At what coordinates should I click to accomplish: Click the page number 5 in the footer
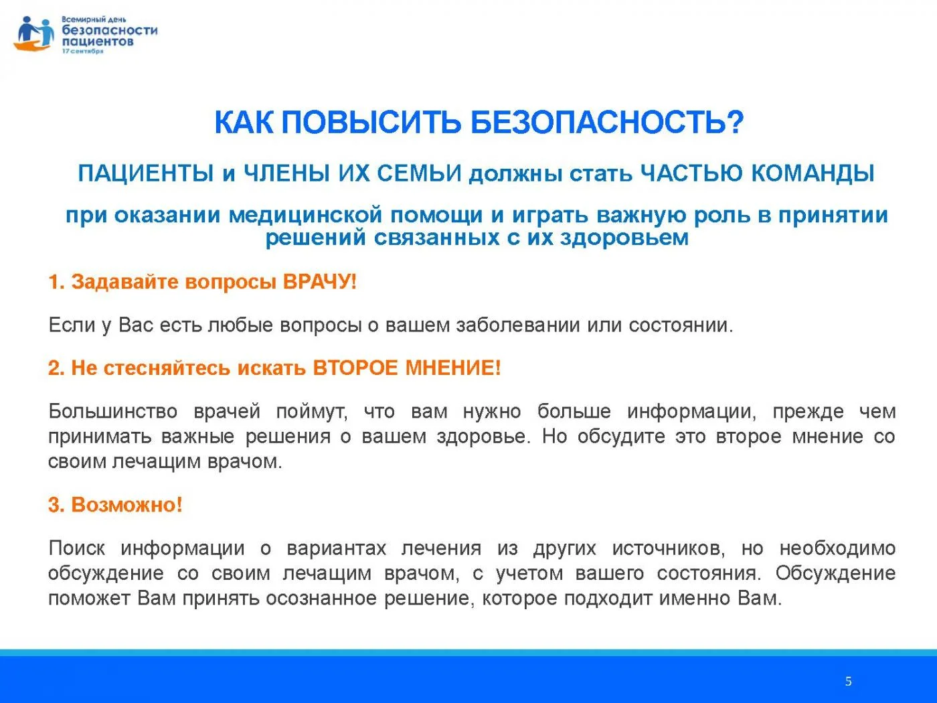pos(848,681)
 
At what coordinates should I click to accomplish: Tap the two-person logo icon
pos(34,33)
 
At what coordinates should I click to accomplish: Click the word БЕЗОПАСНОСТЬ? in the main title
pos(607,123)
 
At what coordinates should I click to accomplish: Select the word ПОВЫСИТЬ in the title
pos(371,123)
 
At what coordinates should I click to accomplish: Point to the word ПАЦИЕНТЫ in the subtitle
pos(146,173)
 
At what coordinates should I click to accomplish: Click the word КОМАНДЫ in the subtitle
pos(813,173)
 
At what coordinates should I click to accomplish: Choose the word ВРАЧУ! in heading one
pos(320,282)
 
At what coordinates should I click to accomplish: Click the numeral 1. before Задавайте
pos(56,282)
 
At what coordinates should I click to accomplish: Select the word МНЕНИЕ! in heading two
pos(453,368)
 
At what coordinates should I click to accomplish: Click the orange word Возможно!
pos(126,505)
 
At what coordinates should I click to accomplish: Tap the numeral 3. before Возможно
pos(56,505)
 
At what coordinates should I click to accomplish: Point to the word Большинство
pos(112,411)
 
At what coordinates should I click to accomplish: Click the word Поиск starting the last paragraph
pos(77,548)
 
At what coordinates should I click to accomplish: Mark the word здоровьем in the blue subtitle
pos(624,238)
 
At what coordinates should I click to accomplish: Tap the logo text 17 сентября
pos(83,52)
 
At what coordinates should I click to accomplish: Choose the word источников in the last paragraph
pos(669,548)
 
